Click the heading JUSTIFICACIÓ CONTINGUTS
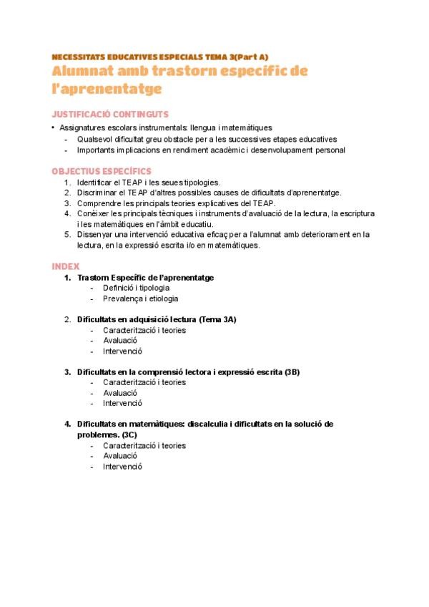[x=110, y=114]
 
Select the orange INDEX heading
[x=66, y=266]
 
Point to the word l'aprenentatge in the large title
[x=107, y=89]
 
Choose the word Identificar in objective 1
[x=94, y=183]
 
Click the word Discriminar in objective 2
[x=97, y=193]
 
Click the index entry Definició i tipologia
[x=136, y=288]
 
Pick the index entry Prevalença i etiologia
[x=140, y=298]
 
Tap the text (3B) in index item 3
[x=292, y=372]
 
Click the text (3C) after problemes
[x=129, y=434]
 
